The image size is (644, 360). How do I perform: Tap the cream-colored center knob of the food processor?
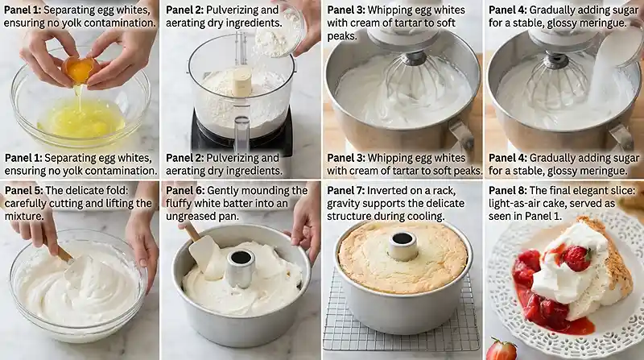click(242, 79)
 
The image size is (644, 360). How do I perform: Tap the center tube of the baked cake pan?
click(402, 246)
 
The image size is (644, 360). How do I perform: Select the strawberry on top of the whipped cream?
click(576, 258)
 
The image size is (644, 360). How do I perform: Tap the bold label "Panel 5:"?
click(27, 190)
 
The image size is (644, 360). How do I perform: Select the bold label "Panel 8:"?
click(512, 190)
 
